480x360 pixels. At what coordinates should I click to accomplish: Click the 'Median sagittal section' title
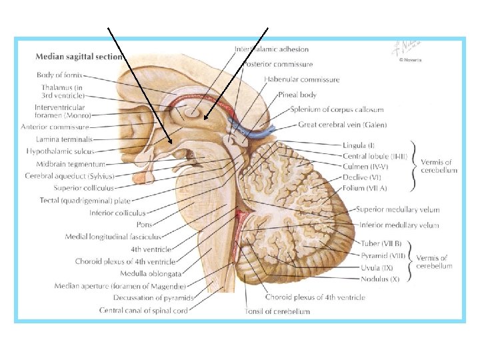tap(79, 57)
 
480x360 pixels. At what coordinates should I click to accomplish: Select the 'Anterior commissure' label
tap(55, 126)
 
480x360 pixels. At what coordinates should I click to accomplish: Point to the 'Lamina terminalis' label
tap(65, 139)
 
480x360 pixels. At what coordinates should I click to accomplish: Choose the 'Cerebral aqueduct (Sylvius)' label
tap(69, 176)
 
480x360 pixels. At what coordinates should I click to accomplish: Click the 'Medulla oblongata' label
tap(151, 273)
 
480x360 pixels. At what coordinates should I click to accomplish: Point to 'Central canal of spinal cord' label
tap(144, 310)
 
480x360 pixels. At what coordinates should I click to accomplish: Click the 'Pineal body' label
tap(297, 95)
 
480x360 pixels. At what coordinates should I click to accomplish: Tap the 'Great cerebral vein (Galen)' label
tap(343, 125)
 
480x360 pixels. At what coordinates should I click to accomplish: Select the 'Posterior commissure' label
tap(277, 64)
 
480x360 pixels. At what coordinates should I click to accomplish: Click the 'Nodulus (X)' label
tap(380, 279)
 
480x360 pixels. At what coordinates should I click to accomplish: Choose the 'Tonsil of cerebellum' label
tap(278, 311)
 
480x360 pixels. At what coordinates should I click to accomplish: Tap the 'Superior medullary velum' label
tap(397, 209)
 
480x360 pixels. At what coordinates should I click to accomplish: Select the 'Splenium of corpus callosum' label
tap(337, 109)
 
